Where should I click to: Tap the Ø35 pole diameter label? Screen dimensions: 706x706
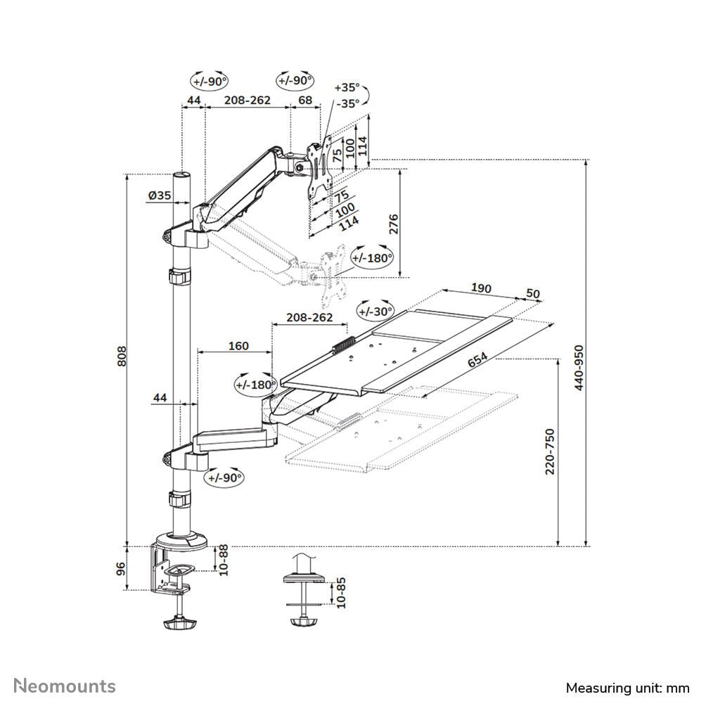160,196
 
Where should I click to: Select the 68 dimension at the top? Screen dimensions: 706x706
305,101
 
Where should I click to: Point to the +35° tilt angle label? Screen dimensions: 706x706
347,88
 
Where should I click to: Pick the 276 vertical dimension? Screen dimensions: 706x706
393,224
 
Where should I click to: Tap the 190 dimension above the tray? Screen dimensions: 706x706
481,288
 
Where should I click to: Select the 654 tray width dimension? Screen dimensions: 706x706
478,359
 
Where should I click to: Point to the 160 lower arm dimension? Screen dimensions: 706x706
238,345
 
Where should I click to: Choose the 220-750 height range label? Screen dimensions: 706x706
550,451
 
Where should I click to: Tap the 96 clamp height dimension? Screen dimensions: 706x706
121,568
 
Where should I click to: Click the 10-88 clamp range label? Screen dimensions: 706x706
223,560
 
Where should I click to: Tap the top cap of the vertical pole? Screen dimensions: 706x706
182,175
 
